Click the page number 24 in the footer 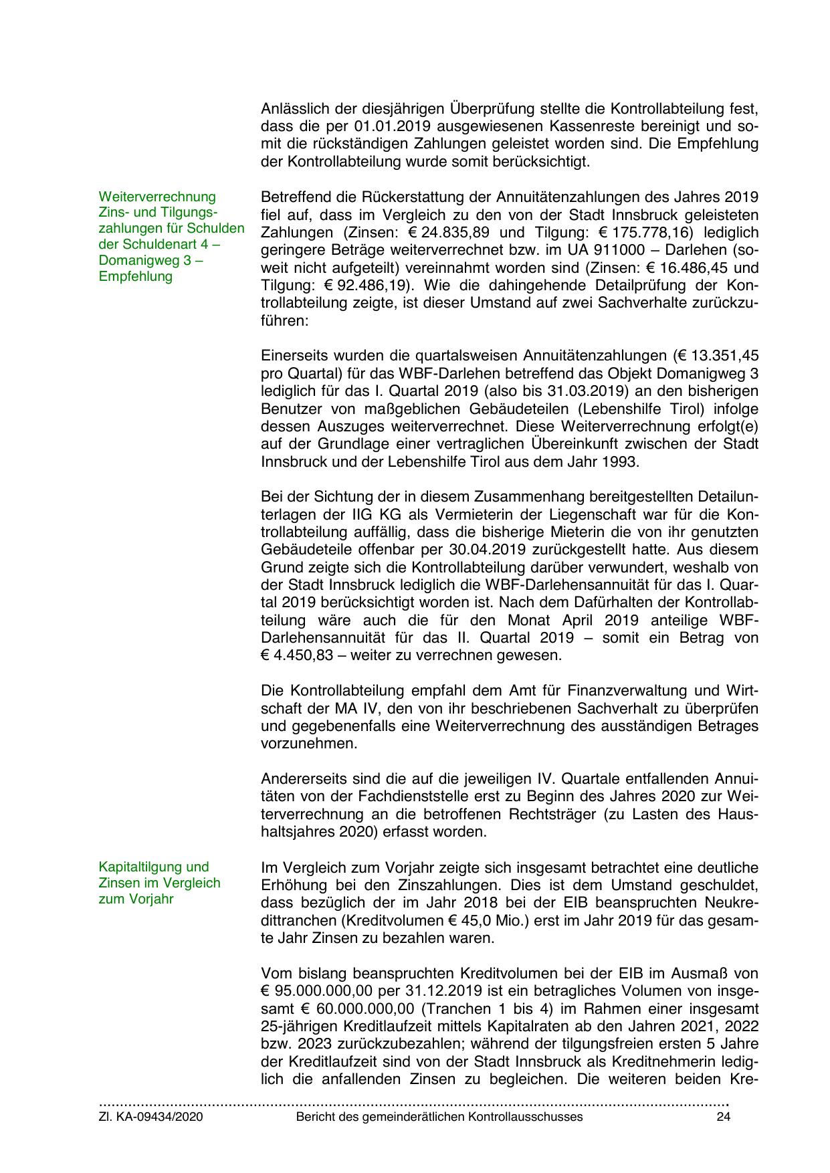pos(723,1117)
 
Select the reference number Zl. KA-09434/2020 pos(150,1117)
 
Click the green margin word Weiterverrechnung pos(157,197)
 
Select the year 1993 pos(622,461)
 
